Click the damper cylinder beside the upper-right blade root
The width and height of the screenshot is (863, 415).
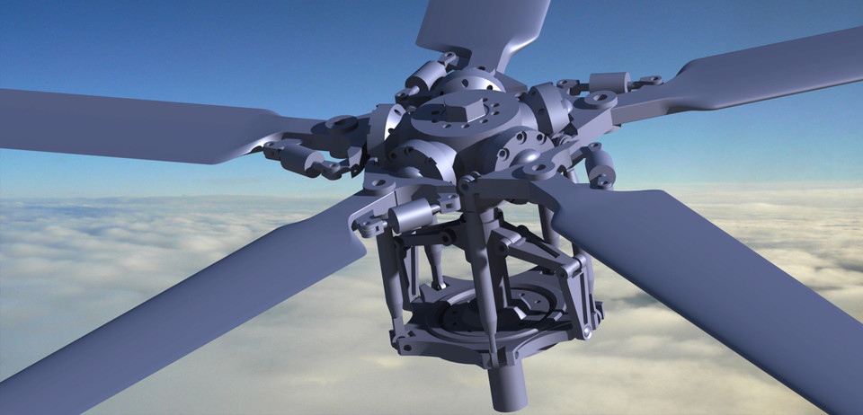point(611,82)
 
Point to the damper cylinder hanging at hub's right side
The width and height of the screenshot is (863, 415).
point(600,164)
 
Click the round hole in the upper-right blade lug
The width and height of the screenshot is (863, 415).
point(598,97)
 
